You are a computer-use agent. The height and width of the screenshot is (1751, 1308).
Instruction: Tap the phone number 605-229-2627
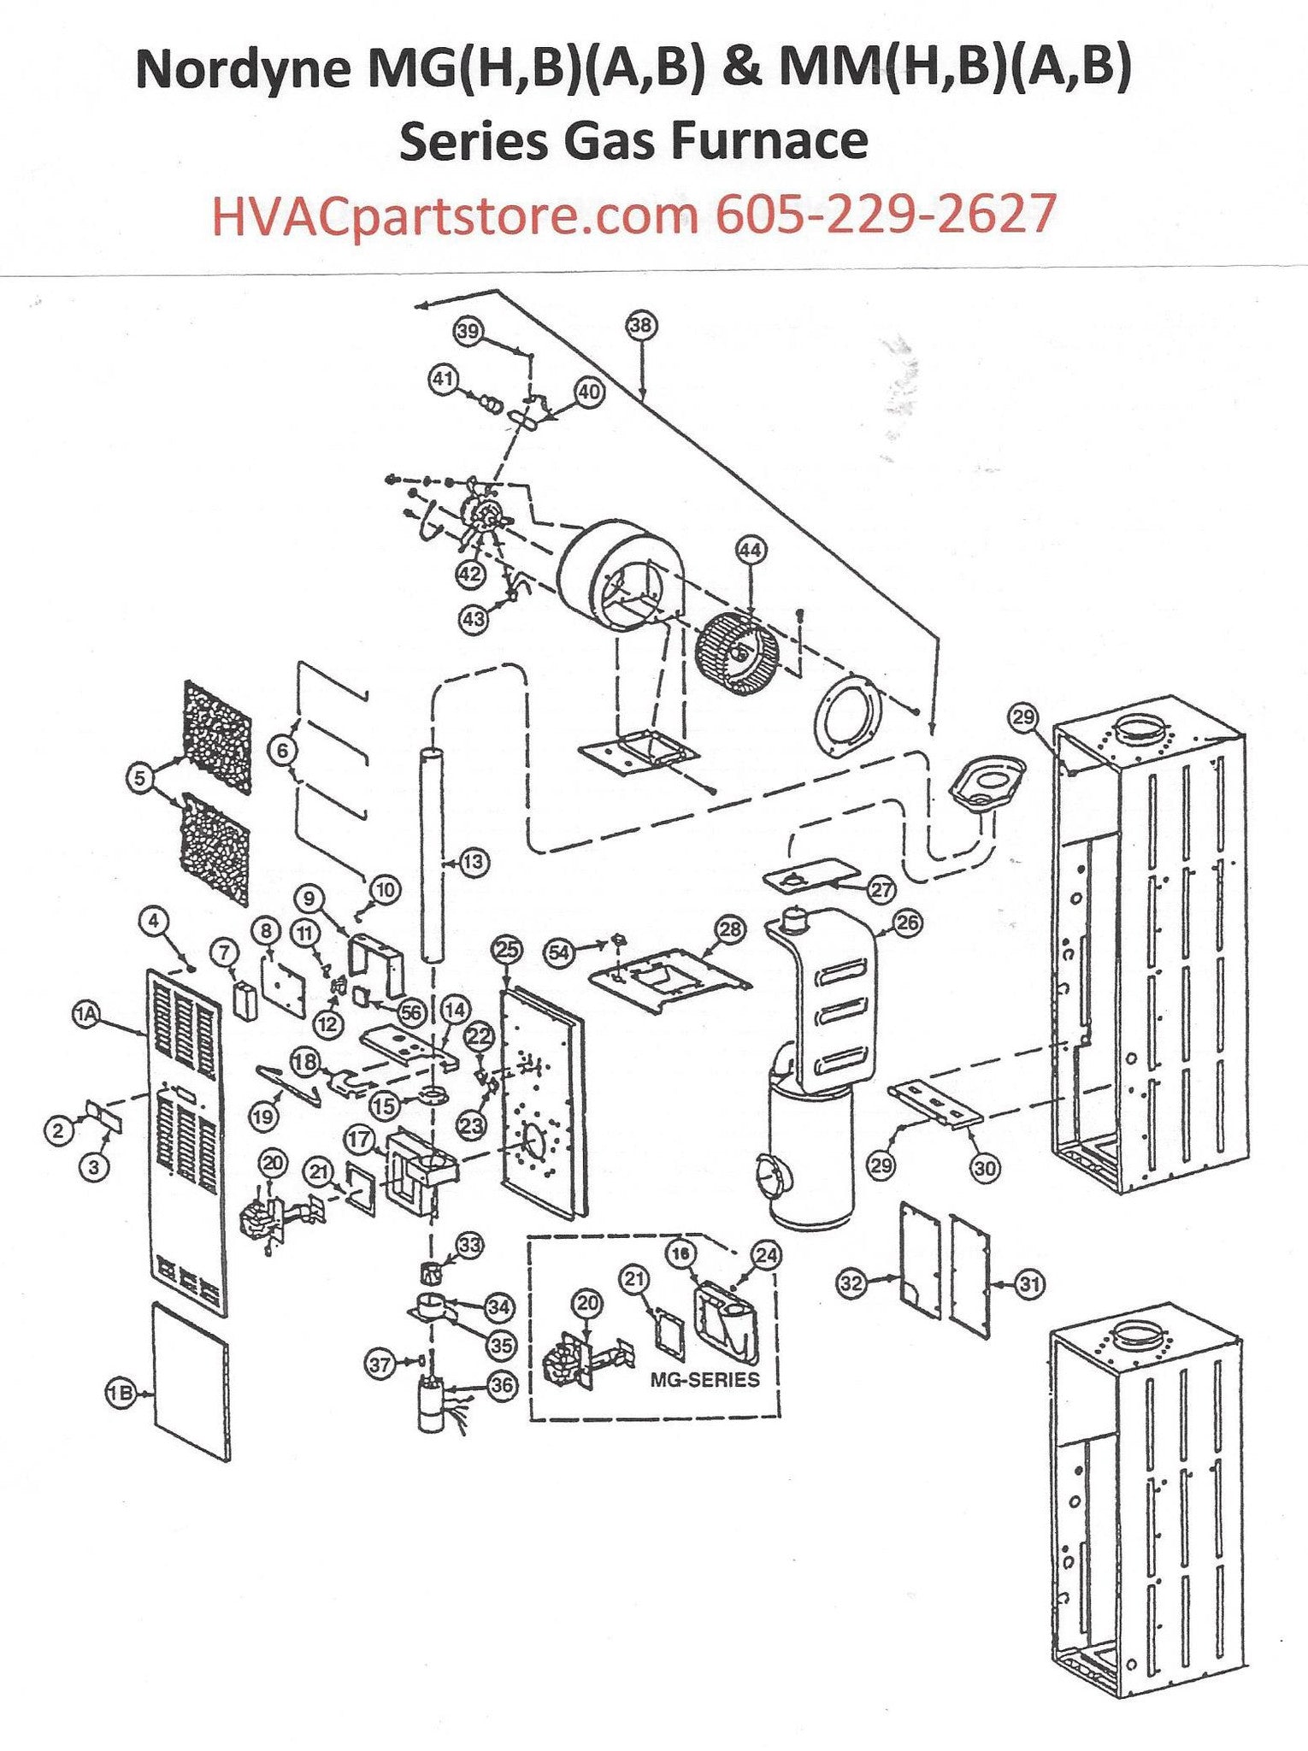point(885,214)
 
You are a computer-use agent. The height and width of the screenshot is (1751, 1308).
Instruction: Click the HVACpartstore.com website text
point(453,214)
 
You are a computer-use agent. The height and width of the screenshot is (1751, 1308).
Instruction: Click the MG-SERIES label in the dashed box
point(705,1378)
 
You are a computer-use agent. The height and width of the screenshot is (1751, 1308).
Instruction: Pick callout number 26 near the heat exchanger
point(907,923)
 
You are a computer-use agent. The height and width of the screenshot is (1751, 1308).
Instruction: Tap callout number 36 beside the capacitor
point(501,1385)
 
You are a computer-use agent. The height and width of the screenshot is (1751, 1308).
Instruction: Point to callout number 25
point(507,949)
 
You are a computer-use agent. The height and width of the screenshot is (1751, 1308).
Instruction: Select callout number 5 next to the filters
point(139,777)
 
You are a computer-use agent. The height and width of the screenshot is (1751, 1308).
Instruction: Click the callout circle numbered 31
point(1030,1282)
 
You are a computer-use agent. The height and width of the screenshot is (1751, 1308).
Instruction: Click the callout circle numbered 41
point(444,380)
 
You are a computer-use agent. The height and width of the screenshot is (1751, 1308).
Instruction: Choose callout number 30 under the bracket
point(985,1168)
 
